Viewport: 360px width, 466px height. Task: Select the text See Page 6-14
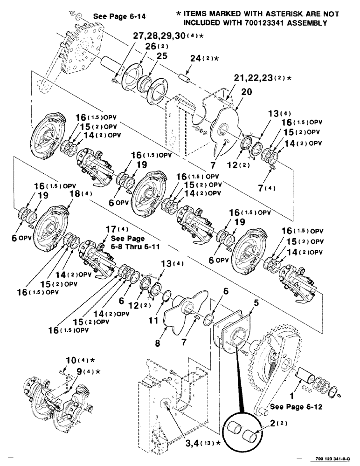[121, 17]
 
